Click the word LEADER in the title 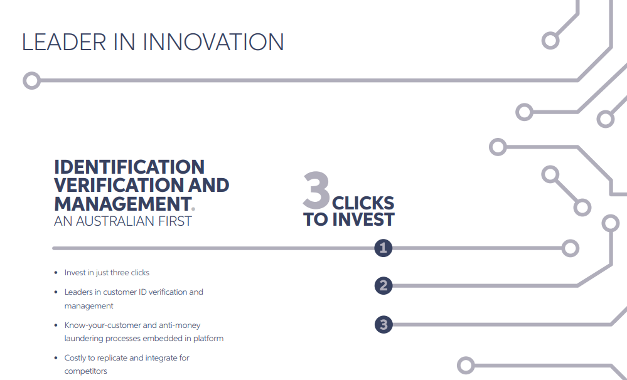click(x=64, y=42)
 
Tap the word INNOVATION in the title click(x=213, y=42)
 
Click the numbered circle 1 click(x=383, y=248)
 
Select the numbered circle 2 click(x=383, y=286)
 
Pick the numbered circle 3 click(x=383, y=324)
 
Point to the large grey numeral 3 click(x=316, y=190)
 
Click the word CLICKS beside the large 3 click(x=363, y=203)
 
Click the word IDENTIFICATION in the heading click(x=129, y=167)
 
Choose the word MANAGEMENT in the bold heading click(x=122, y=203)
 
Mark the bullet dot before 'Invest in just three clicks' click(x=56, y=273)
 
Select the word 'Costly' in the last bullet click(x=75, y=358)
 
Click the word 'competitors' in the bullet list click(x=85, y=371)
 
